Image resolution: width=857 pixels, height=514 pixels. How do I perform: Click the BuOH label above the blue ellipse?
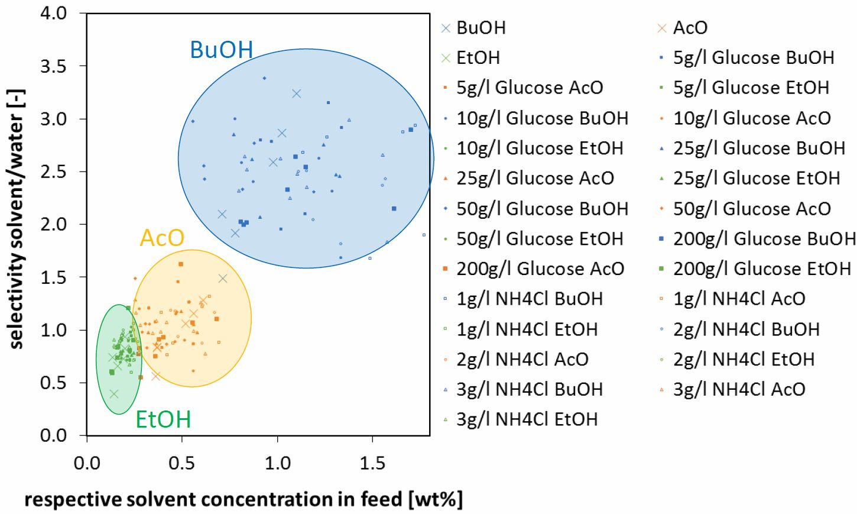pos(222,50)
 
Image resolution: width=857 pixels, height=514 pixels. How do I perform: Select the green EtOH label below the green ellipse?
pos(163,419)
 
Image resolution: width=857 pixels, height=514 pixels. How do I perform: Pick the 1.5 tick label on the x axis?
pos(372,462)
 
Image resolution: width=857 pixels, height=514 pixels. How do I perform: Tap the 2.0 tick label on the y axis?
pos(55,224)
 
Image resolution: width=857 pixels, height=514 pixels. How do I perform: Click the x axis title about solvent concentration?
pos(243,500)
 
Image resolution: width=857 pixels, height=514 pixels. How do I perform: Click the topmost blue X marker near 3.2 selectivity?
pos(297,93)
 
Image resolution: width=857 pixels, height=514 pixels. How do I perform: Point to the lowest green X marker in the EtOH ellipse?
pos(114,394)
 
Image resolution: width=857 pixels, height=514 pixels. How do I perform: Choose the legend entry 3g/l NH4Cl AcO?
pos(739,389)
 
